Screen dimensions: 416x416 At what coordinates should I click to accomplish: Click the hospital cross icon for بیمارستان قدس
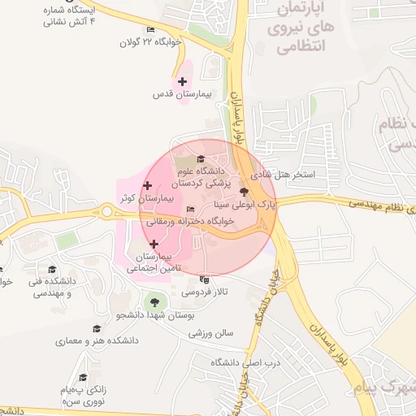pyautogui.click(x=182, y=82)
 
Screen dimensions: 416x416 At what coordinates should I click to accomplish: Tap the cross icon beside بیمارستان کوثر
pyautogui.click(x=146, y=187)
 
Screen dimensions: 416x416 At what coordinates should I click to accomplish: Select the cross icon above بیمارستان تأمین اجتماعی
pyautogui.click(x=154, y=243)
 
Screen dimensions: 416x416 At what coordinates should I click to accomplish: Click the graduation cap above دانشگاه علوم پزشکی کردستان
pyautogui.click(x=201, y=158)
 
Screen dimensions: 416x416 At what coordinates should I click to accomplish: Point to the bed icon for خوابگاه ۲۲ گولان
pyautogui.click(x=150, y=30)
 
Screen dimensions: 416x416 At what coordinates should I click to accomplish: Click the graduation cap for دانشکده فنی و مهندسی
pyautogui.click(x=52, y=269)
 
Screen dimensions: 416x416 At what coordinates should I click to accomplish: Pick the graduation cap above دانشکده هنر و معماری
pyautogui.click(x=97, y=329)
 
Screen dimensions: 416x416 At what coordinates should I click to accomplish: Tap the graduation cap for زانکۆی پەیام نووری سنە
pyautogui.click(x=82, y=378)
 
